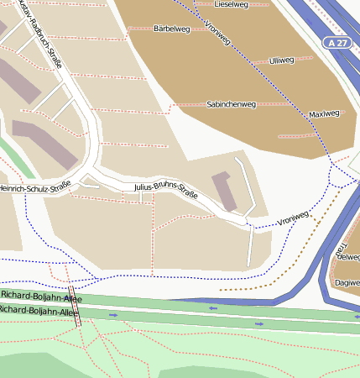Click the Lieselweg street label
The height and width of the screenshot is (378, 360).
click(x=232, y=4)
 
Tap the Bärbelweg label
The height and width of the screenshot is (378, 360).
click(x=172, y=29)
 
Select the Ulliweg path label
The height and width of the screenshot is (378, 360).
click(x=281, y=60)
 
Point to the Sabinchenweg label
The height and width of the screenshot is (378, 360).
click(x=231, y=105)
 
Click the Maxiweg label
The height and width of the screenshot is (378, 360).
click(x=324, y=113)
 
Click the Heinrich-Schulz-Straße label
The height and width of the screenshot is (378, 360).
click(x=34, y=187)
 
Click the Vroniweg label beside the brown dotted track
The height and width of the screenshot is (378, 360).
click(x=293, y=216)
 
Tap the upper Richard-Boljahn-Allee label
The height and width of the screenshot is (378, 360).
click(x=42, y=296)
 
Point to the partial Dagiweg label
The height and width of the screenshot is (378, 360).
click(x=347, y=283)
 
